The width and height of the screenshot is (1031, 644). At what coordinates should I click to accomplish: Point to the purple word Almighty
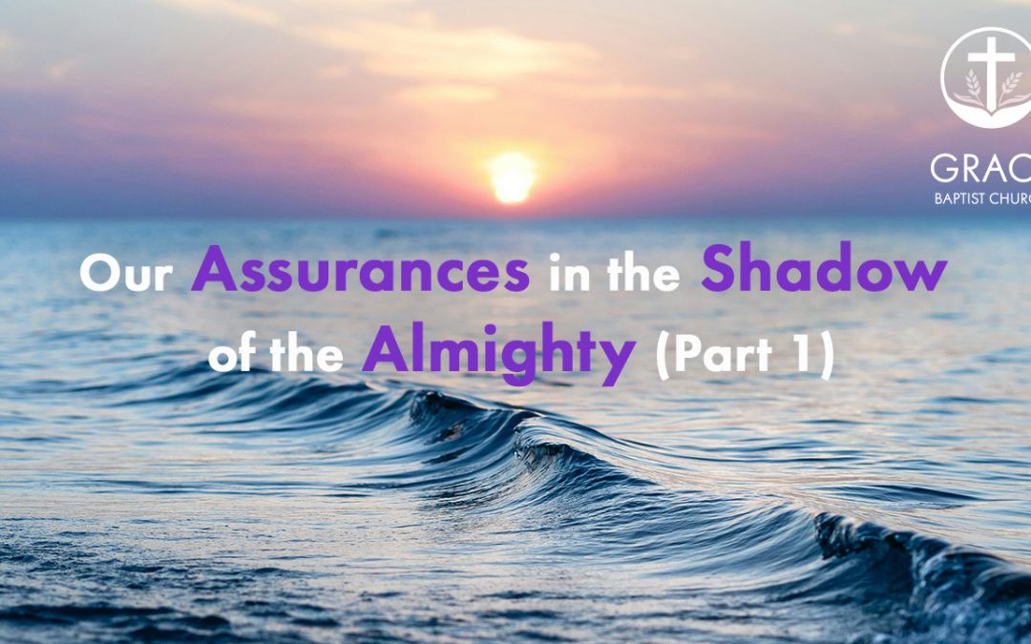(x=497, y=355)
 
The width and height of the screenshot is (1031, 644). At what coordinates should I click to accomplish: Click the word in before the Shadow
(x=566, y=274)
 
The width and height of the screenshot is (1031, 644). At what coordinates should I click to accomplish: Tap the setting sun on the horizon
(x=512, y=176)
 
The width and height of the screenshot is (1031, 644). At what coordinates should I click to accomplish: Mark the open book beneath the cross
(x=993, y=106)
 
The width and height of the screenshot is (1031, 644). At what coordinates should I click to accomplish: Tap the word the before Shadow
(x=643, y=274)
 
